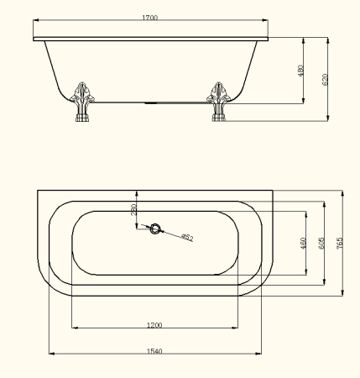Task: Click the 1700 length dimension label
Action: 150,18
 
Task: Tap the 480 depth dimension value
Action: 300,71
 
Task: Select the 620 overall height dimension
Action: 325,80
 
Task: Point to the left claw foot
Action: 82,102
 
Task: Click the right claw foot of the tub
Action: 219,102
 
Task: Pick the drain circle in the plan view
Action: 155,228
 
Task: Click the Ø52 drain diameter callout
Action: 187,238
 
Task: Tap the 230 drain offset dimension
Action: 134,209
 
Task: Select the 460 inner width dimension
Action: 303,243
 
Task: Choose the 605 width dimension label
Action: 321,244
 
